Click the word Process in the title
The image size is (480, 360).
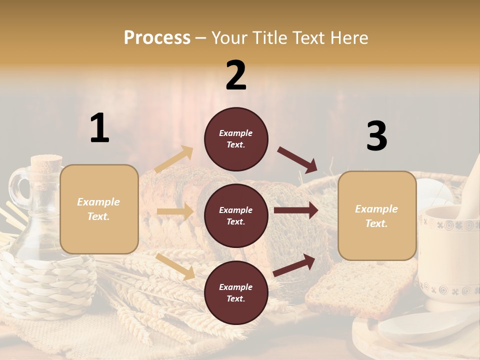point(157,37)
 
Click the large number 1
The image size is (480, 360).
point(99,128)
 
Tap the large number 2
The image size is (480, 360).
point(236,75)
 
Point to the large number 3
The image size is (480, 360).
point(376,136)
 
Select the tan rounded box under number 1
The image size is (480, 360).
point(99,209)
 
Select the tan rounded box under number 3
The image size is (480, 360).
point(377,216)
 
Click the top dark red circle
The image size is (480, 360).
point(236,139)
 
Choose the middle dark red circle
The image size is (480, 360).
point(236,215)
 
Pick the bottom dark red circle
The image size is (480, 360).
point(236,292)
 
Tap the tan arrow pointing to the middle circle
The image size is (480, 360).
point(175,211)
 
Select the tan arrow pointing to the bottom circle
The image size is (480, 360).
point(175,266)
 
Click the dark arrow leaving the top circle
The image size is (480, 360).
point(297,160)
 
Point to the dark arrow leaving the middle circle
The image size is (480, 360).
point(295,210)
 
